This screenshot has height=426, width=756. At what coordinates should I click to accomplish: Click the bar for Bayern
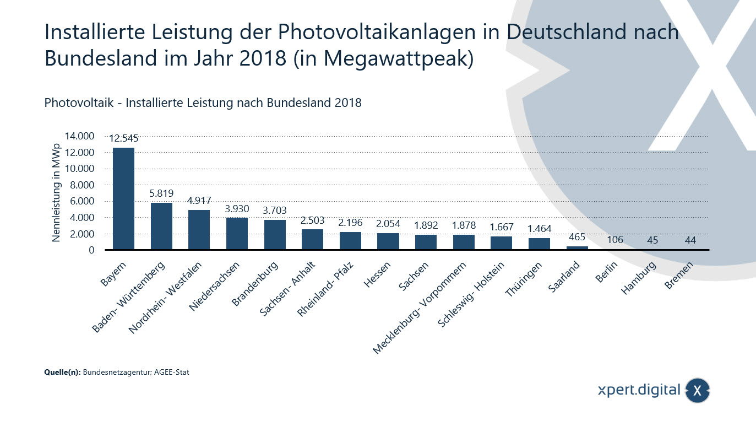[x=123, y=198]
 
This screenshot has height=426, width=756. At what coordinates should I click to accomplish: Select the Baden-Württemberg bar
[x=161, y=226]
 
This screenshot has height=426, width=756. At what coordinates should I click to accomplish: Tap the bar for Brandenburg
[x=275, y=235]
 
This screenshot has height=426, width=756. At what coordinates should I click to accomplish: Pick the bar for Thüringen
[x=539, y=244]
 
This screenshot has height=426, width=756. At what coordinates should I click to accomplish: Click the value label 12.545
[x=123, y=138]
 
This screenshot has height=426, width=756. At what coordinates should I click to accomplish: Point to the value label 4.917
[x=199, y=201]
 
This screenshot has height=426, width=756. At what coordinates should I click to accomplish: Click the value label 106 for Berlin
[x=615, y=240]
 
